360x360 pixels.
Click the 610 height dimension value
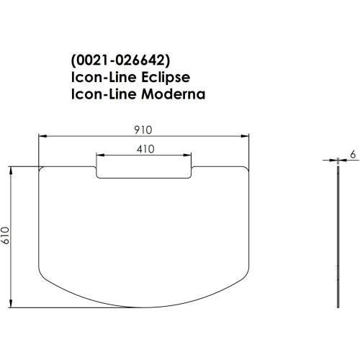pyautogui.click(x=6, y=235)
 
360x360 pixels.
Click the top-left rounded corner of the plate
pyautogui.click(x=40, y=171)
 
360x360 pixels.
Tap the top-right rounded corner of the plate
pyautogui.click(x=247, y=171)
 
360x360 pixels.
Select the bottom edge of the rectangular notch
pyautogui.click(x=144, y=178)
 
